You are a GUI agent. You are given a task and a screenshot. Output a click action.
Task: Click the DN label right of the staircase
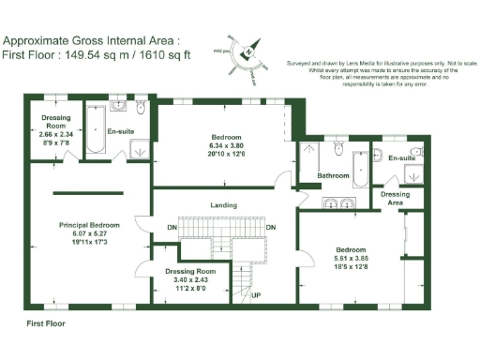pos(271,228)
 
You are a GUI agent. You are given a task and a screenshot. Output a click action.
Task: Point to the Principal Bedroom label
pos(89,225)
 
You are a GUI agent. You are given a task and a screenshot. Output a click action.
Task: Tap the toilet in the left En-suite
pos(139,109)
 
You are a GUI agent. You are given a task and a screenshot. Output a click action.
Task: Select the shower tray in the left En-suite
pos(139,147)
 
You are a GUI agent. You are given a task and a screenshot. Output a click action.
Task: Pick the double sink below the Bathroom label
pos(336,203)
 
